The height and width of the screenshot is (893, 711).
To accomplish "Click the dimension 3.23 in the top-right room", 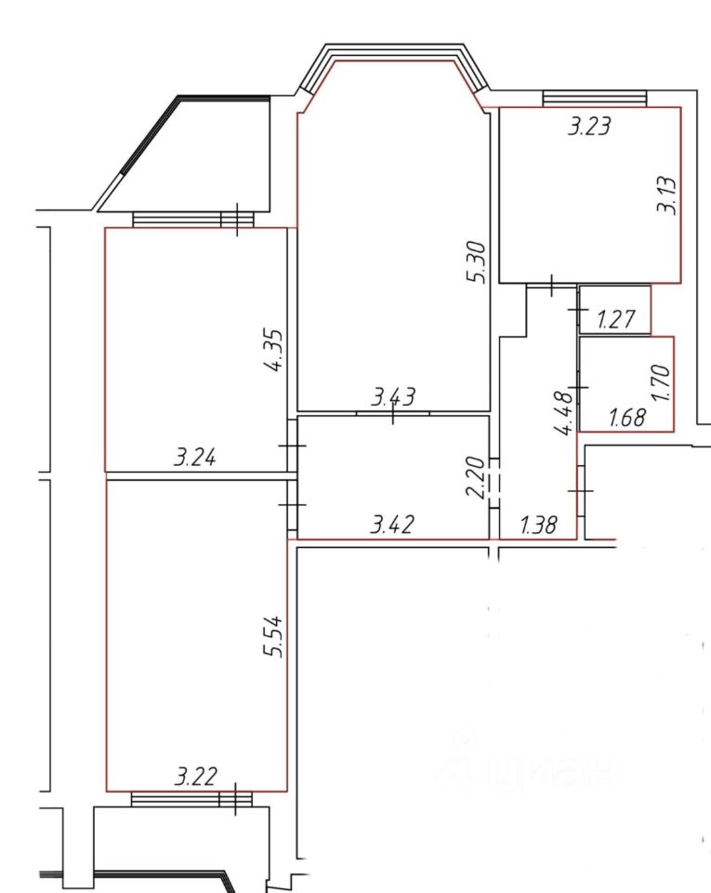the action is [x=589, y=126].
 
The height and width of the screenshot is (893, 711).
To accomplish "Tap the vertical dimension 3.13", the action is [x=666, y=195].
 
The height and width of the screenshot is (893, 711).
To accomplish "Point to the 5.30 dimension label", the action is [x=477, y=262].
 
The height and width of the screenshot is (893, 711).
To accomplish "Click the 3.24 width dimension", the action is [x=195, y=458].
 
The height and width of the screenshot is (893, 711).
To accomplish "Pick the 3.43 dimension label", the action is [x=393, y=396].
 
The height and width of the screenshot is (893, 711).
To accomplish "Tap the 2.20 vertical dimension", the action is [x=476, y=477].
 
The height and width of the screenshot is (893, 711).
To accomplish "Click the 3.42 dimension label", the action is [x=392, y=524].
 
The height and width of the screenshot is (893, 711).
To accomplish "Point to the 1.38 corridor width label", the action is [x=539, y=524].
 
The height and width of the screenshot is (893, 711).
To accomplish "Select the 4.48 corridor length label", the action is [x=565, y=412].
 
